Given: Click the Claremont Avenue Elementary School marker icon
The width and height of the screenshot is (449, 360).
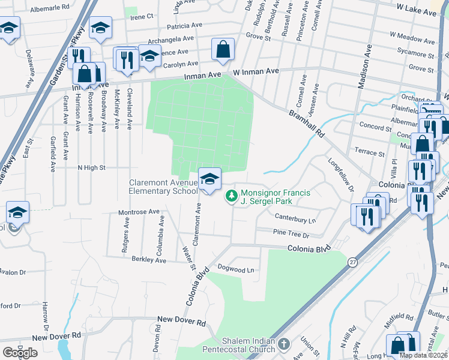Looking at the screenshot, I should (x=209, y=179).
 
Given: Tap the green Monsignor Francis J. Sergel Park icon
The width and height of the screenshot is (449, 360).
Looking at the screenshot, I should (x=231, y=196).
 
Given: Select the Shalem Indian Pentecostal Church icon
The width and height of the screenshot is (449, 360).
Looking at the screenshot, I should (x=283, y=344).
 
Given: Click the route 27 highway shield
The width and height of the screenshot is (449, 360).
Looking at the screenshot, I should (x=352, y=262).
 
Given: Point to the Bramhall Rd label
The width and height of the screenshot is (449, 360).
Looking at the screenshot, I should (x=306, y=123).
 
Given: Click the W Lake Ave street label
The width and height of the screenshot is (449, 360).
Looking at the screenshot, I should (x=417, y=12).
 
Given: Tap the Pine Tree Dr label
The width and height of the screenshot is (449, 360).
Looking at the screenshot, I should (x=291, y=233).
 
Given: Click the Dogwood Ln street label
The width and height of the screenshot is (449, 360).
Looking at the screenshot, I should (x=236, y=269).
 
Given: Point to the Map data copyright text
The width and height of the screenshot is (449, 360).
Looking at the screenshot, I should (x=423, y=355).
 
